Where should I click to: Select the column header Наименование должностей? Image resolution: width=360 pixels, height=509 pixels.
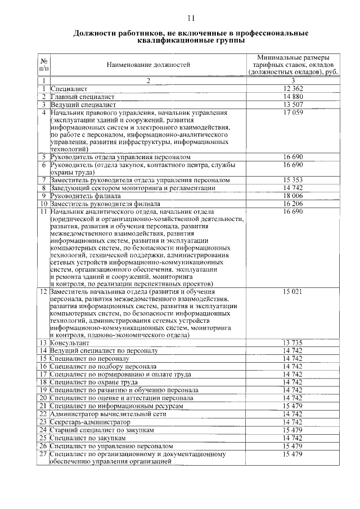tap(148, 65)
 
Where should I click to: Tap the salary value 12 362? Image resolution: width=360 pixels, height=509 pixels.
tap(294, 89)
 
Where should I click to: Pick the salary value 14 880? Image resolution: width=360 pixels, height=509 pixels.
tap(294, 97)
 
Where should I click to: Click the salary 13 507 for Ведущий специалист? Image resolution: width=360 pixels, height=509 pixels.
tap(294, 105)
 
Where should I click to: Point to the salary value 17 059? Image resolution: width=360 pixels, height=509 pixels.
tap(294, 112)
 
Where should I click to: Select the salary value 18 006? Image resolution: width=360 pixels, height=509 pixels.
tap(294, 196)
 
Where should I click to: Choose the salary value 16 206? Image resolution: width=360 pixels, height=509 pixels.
tap(294, 204)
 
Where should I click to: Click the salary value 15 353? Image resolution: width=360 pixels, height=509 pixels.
tap(294, 180)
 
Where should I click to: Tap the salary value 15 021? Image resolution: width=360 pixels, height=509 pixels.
tap(294, 291)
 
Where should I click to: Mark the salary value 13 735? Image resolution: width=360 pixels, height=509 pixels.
tap(294, 343)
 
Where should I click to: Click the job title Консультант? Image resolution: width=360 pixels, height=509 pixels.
tap(69, 343)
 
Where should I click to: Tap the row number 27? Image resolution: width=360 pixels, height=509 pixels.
tap(43, 454)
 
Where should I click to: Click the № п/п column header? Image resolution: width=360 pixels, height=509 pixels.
tap(43, 65)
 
